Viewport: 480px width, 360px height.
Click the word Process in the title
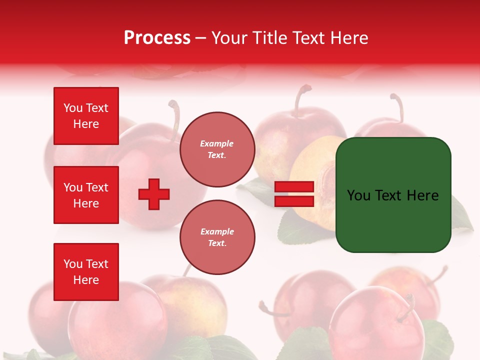pyautogui.click(x=157, y=38)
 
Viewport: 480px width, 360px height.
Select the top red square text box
pyautogui.click(x=86, y=116)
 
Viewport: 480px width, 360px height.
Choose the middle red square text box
pyautogui.click(x=86, y=195)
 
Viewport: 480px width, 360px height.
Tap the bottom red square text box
pyautogui.click(x=86, y=272)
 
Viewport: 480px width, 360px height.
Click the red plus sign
pyautogui.click(x=154, y=194)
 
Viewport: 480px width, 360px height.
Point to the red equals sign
pyautogui.click(x=294, y=194)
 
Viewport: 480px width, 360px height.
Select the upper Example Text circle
pyautogui.click(x=217, y=149)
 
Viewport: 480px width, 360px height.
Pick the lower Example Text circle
pyautogui.click(x=217, y=237)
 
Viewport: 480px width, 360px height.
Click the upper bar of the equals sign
pyautogui.click(x=294, y=187)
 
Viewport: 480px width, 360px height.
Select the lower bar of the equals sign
pyautogui.click(x=294, y=201)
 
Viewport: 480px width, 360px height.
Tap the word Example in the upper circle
pyautogui.click(x=217, y=143)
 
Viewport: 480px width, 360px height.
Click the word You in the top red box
pyautogui.click(x=73, y=108)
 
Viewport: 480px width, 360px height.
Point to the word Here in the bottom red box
pyautogui.click(x=86, y=280)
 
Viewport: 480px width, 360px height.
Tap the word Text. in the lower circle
pyautogui.click(x=217, y=243)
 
